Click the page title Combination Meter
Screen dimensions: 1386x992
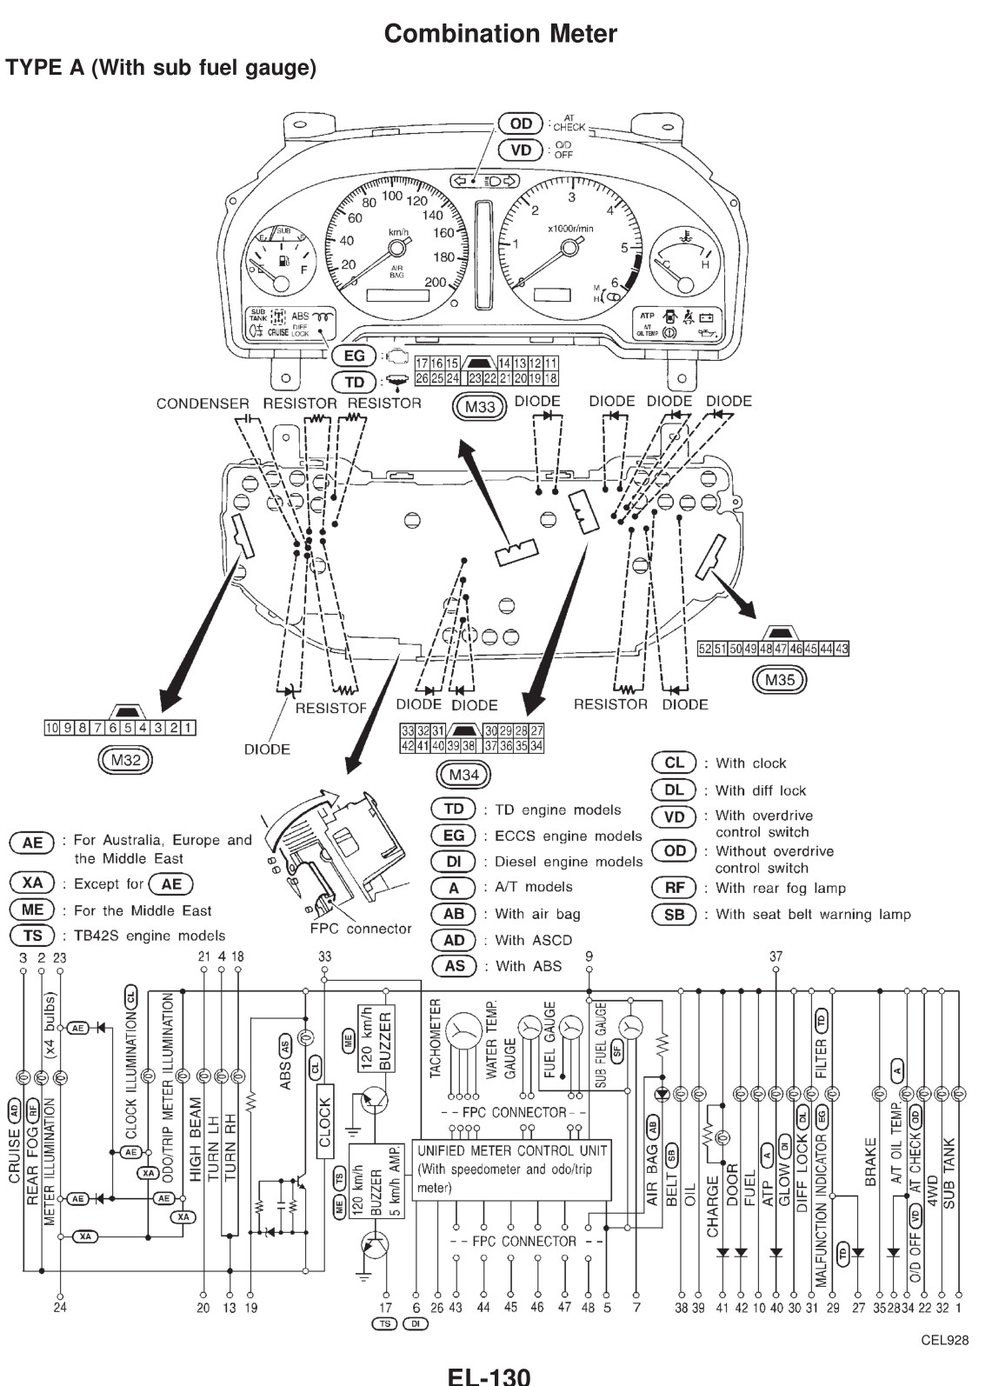[500, 34]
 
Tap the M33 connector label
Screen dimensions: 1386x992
[479, 407]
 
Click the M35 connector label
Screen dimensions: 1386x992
[778, 680]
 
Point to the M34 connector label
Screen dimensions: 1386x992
[463, 774]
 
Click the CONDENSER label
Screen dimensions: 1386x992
[202, 403]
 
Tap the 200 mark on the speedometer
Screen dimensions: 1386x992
[436, 283]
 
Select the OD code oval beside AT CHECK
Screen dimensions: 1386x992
[520, 123]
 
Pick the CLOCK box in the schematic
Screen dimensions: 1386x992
[325, 1122]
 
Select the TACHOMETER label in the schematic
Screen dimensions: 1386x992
[436, 1038]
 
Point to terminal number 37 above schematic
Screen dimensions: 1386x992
[776, 956]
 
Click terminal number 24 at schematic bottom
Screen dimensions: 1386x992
[59, 1307]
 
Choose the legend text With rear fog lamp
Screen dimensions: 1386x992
[780, 888]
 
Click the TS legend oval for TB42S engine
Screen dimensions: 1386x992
[32, 936]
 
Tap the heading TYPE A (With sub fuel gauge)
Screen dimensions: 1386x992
[161, 68]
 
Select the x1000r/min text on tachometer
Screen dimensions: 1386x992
[570, 228]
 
